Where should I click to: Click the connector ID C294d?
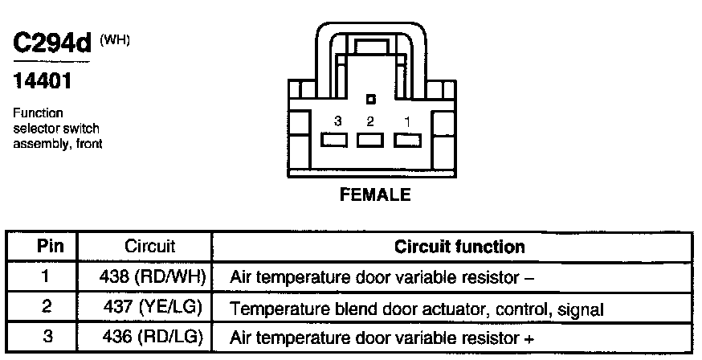52,44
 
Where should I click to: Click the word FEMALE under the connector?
375,194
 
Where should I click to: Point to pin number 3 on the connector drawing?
338,121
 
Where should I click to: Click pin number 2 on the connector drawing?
370,121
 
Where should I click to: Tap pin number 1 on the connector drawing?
408,121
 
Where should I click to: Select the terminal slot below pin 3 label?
334,141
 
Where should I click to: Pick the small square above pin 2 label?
370,100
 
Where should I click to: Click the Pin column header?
45,247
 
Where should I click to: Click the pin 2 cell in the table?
45,308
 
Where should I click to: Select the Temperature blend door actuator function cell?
417,309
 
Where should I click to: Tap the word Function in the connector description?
38,113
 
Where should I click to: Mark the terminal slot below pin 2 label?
371,141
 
